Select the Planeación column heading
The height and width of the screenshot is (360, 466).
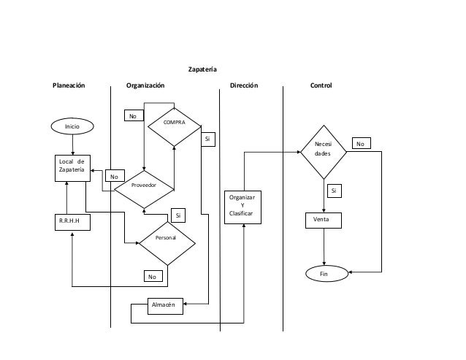click(x=68, y=85)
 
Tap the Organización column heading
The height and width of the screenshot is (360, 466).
click(x=145, y=85)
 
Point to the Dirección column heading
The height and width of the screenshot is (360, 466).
click(x=244, y=85)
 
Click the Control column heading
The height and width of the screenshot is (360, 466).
click(x=321, y=85)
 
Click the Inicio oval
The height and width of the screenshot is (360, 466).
click(x=72, y=126)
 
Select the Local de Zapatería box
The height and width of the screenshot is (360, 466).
click(x=72, y=166)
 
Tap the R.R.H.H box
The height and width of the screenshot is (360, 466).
click(x=72, y=222)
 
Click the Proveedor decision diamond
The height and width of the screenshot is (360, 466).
click(x=144, y=185)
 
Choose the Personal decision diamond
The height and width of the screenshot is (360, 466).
click(x=167, y=239)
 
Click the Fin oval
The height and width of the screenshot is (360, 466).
click(x=324, y=274)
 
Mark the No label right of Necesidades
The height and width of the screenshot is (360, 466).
click(x=360, y=144)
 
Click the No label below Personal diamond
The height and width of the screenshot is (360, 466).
click(x=152, y=277)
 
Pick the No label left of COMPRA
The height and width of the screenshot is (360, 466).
click(x=133, y=116)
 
